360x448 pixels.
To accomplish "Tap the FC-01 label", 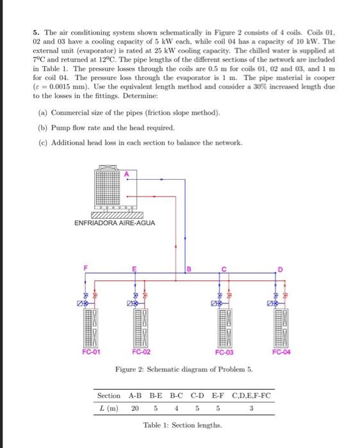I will [x=91, y=352].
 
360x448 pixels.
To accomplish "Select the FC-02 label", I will [x=142, y=352].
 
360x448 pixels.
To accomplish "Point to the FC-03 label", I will [x=224, y=352].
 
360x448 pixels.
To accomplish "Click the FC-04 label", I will [x=281, y=352].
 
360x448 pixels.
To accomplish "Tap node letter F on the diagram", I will [x=81, y=269].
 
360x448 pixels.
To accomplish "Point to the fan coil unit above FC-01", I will [x=90, y=325].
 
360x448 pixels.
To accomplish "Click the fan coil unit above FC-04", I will [x=281, y=325].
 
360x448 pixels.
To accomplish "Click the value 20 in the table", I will [x=135, y=408].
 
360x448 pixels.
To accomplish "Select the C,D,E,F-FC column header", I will [x=252, y=396].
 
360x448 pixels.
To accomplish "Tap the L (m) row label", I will [x=107, y=408].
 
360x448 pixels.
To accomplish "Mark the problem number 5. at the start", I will [x=37, y=31].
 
